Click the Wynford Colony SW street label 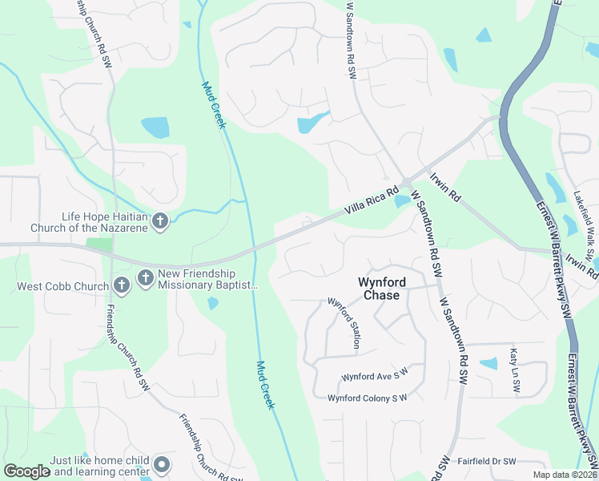pos(368,398)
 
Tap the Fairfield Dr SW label pos(487,462)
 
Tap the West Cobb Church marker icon pos(121,285)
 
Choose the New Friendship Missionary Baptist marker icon pos(146,278)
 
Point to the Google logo pos(27,472)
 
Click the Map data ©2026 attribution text pos(565,475)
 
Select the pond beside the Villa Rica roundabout pos(401,200)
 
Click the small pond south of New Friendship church pos(211,303)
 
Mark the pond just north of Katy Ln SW pos(488,363)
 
